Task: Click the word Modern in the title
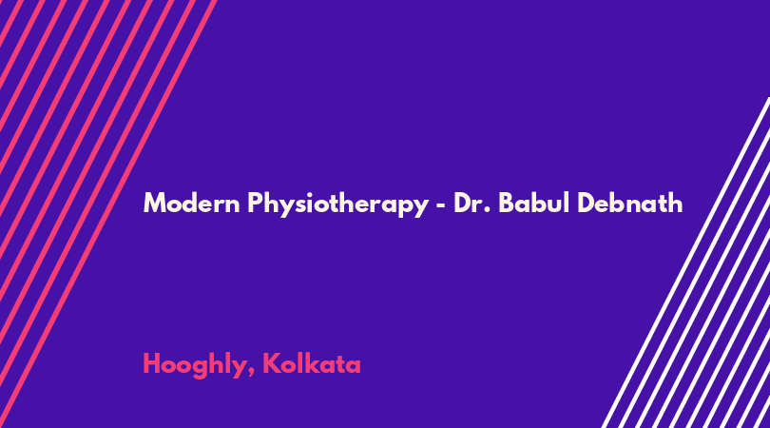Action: click(x=191, y=203)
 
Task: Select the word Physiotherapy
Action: click(x=338, y=204)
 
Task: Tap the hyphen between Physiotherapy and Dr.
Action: click(x=441, y=204)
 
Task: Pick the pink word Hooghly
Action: click(x=196, y=365)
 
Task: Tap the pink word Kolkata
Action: click(x=312, y=363)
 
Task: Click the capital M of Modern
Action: click(x=154, y=203)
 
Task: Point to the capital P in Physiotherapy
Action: click(x=255, y=203)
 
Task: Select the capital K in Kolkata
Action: click(x=271, y=363)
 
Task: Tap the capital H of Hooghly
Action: click(x=151, y=363)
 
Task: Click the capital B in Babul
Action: click(x=507, y=203)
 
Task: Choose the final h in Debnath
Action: click(x=676, y=203)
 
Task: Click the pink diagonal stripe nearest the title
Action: click(x=108, y=214)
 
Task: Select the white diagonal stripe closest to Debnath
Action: click(x=685, y=263)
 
